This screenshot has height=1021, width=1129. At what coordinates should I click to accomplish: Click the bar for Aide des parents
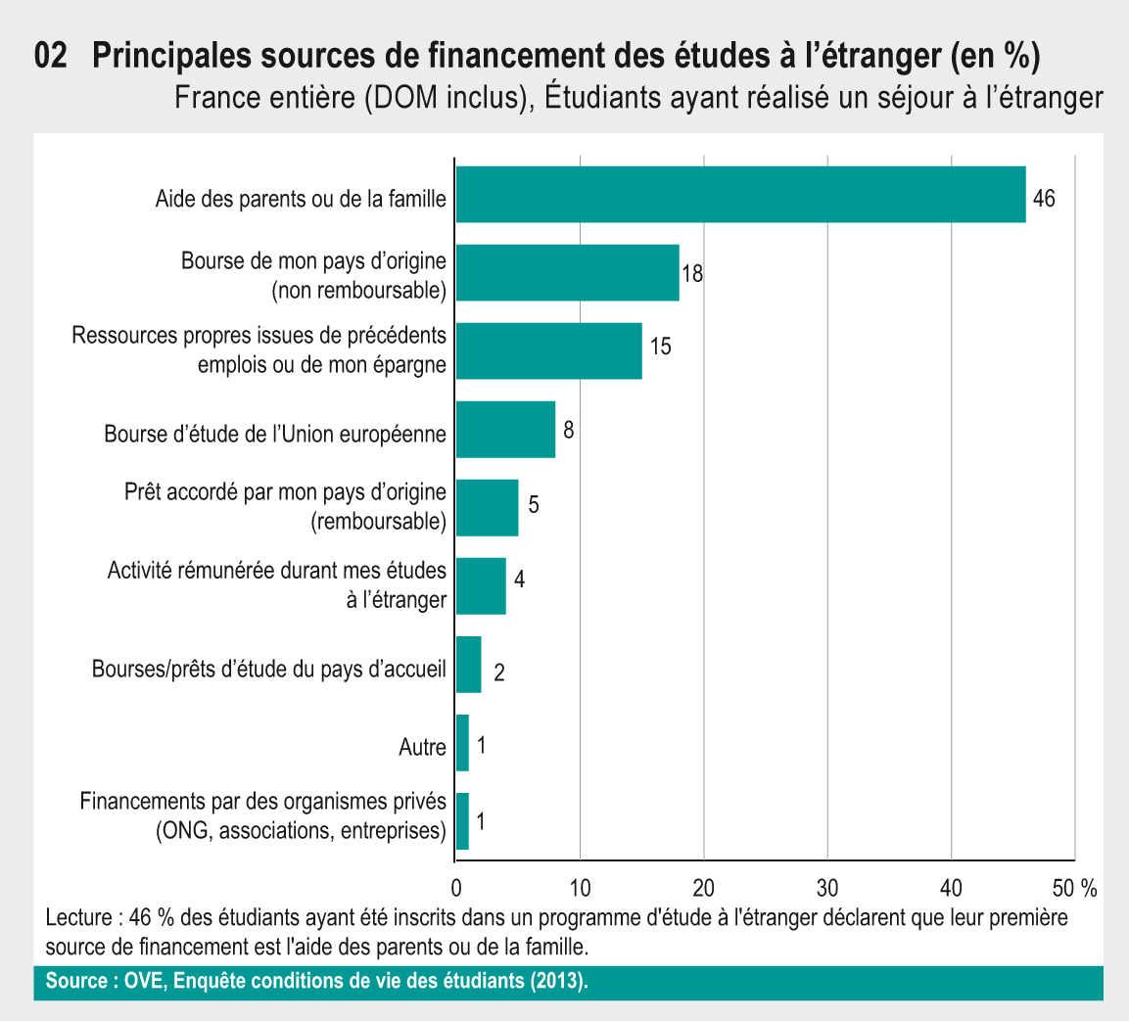740,195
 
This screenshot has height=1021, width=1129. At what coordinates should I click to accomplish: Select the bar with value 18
567,273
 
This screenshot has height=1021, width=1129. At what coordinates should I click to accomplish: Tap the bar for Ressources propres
548,350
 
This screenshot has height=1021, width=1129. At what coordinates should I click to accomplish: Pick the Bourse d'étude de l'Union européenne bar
505,430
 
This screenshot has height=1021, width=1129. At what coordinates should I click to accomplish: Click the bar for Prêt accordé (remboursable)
487,508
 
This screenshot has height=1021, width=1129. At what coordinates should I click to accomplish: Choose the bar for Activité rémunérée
481,586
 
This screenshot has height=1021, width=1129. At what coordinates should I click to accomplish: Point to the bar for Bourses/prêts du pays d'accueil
468,665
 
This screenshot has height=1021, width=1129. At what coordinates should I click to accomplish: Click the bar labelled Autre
462,743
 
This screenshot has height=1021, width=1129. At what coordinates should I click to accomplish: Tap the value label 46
1044,198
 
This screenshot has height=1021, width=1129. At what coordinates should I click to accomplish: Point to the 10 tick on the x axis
580,888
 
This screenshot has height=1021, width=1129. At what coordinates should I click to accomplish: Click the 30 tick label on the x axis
827,888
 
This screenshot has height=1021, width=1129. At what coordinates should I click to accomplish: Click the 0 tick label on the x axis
456,888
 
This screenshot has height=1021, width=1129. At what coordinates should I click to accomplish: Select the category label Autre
422,748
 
